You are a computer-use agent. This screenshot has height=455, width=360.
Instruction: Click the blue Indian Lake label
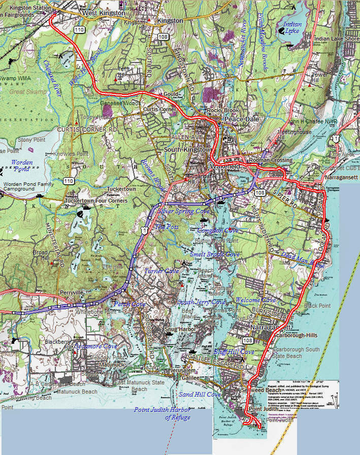click(292, 27)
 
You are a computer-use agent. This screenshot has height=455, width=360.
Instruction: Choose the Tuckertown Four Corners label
click(95, 201)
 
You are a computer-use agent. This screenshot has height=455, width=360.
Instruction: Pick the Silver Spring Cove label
click(184, 211)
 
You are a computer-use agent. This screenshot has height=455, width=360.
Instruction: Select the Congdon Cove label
click(218, 231)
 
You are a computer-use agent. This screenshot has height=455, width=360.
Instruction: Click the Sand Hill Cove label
click(200, 394)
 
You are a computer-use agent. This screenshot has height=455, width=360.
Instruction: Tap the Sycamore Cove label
click(96, 346)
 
